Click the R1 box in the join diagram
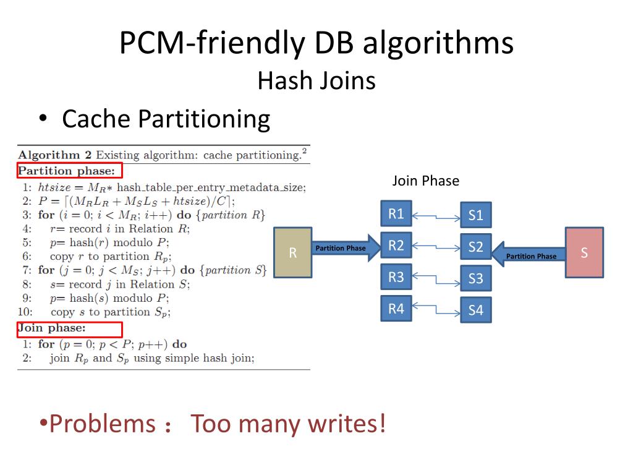click(396, 214)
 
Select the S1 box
click(475, 216)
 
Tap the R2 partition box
click(396, 246)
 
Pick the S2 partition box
click(475, 247)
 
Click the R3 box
click(396, 276)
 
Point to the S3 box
click(475, 278)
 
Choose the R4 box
click(396, 308)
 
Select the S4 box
click(475, 310)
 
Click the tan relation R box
click(293, 252)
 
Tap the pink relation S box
click(584, 252)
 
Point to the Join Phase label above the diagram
click(426, 181)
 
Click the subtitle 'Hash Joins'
click(316, 81)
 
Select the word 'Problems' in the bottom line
click(103, 424)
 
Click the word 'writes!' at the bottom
click(350, 424)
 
